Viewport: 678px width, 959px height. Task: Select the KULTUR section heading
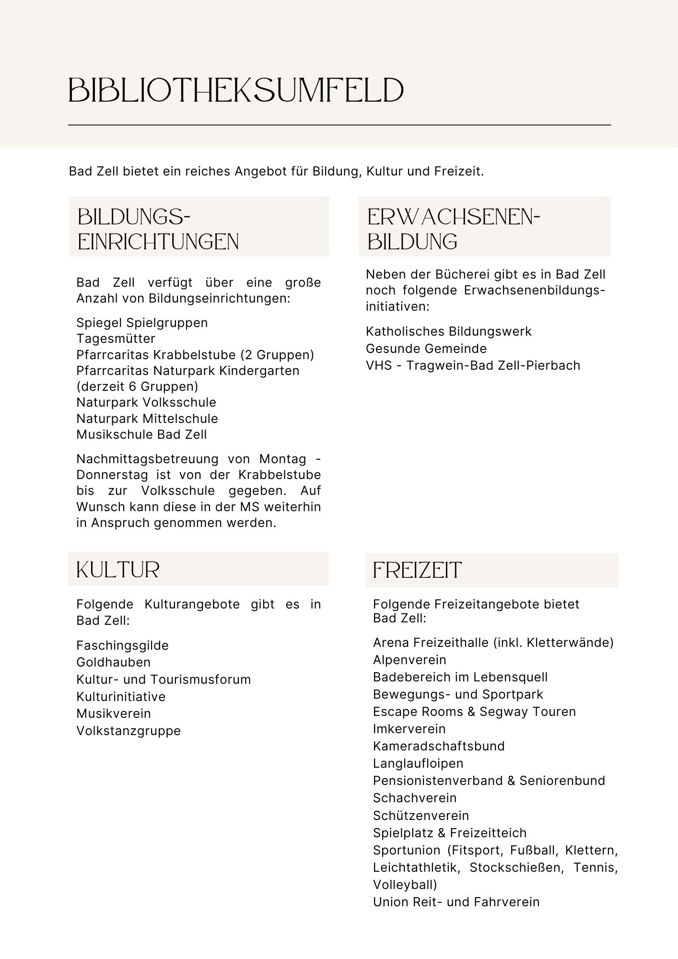point(117,570)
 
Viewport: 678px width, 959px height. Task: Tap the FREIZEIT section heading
point(417,571)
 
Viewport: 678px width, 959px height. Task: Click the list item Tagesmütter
point(116,339)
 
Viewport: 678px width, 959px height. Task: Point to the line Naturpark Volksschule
point(146,402)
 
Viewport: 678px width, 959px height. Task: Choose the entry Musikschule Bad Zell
point(141,434)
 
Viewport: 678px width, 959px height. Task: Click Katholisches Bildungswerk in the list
point(448,331)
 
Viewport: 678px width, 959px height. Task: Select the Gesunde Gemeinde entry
point(426,349)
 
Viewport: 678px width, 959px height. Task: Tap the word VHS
point(377,365)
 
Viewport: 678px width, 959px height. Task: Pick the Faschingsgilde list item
point(122,645)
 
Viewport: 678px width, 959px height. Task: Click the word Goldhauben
point(113,662)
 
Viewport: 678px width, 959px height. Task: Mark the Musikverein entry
point(114,713)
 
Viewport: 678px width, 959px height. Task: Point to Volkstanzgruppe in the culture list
point(129,731)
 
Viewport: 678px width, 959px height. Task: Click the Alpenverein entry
point(409,660)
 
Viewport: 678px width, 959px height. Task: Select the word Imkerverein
point(409,729)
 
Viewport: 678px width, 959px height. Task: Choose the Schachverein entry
point(415,798)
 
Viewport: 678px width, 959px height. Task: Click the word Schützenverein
point(421,816)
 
